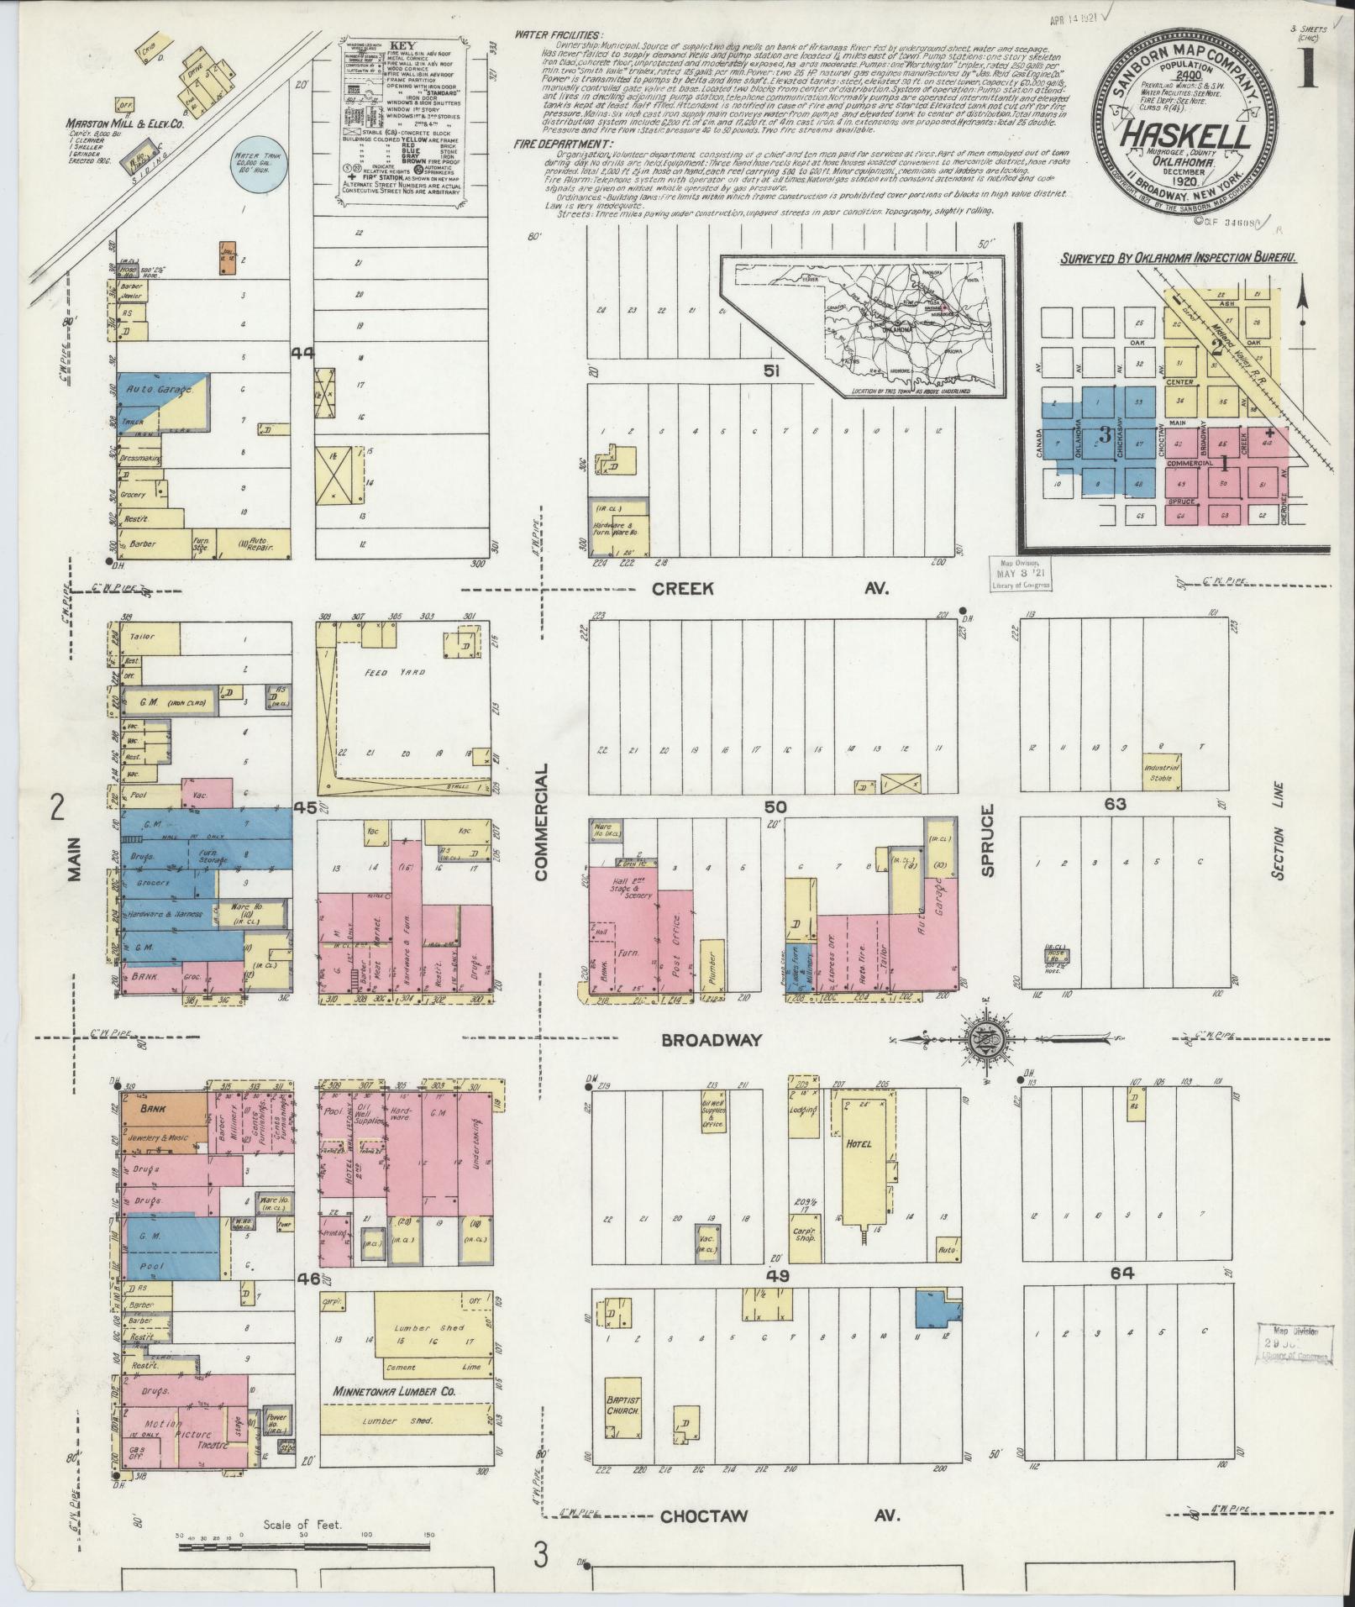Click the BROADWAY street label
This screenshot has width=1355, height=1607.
(x=712, y=1040)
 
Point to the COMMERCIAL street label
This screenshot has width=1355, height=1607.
(x=540, y=822)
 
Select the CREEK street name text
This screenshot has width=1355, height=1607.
(x=685, y=589)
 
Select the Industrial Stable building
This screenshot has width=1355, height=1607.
(x=1161, y=771)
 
